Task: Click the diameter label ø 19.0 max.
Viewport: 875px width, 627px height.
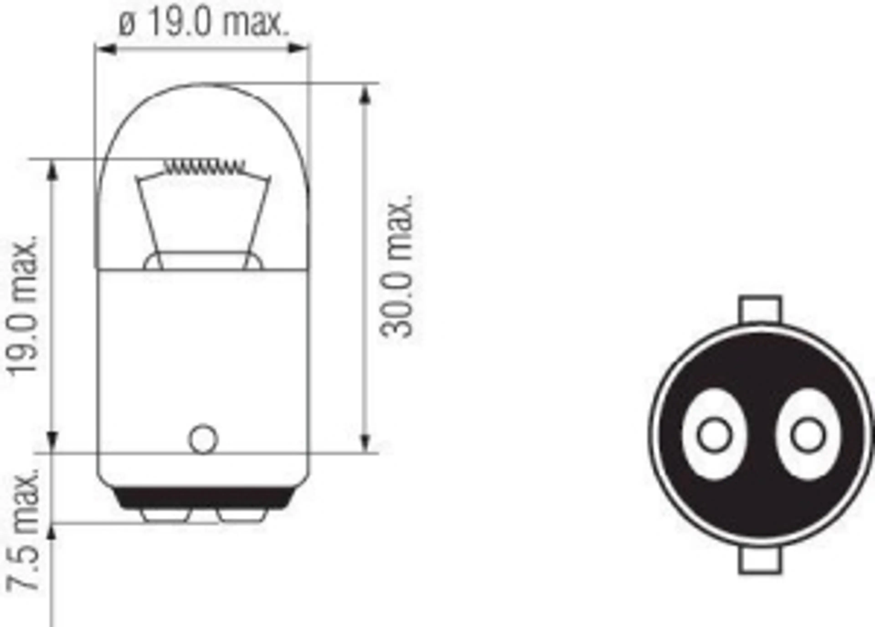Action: [203, 24]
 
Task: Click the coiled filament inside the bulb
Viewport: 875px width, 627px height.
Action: [204, 167]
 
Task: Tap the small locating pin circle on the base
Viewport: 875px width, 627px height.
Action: [203, 439]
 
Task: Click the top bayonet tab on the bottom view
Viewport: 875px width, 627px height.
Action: [760, 309]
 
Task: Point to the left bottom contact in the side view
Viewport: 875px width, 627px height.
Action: [166, 516]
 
